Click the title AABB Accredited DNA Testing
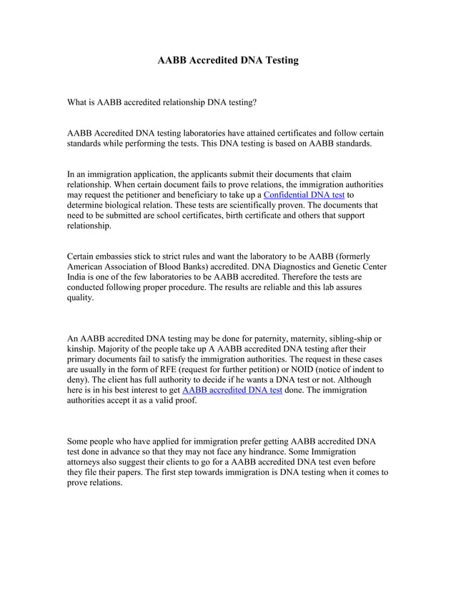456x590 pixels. click(227, 61)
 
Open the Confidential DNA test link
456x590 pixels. click(304, 194)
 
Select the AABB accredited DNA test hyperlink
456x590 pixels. click(232, 391)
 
